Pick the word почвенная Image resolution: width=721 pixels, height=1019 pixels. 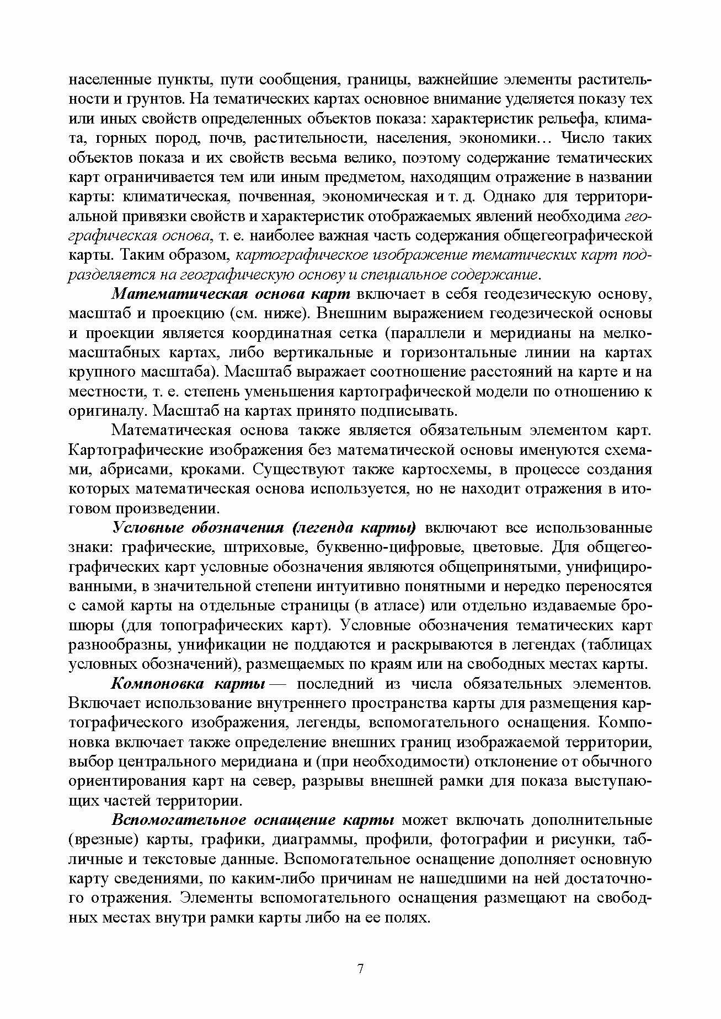[270, 197]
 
